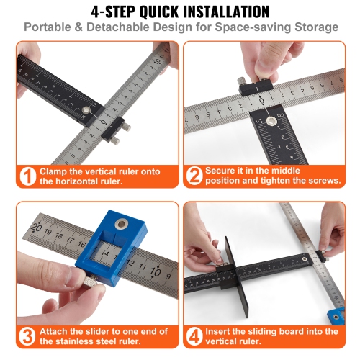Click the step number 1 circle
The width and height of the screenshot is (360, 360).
tap(27, 176)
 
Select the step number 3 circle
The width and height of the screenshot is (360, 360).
tap(27, 336)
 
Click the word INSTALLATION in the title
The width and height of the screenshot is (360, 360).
tap(240, 12)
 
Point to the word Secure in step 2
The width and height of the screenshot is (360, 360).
tap(225, 171)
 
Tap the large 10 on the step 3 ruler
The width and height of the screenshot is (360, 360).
tap(155, 271)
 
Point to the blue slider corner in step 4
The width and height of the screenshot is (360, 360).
tap(336, 315)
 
